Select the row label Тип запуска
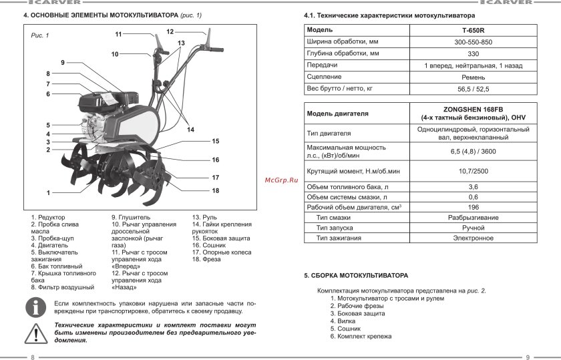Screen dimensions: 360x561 (334, 228)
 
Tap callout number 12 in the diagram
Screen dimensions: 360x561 (170, 31)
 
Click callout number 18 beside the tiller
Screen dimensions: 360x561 (216, 190)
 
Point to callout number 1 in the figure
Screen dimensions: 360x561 (48, 192)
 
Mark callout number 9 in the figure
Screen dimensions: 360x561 (62, 62)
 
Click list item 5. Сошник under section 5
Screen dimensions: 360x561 (345, 329)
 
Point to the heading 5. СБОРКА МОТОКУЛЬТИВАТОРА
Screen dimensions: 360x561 (355, 276)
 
